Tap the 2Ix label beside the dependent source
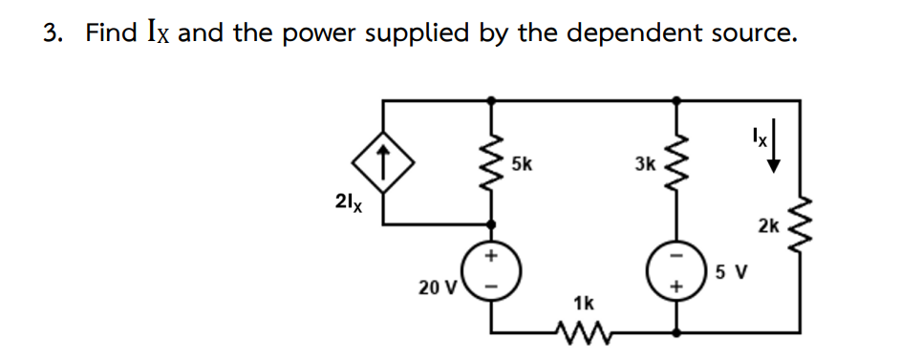tap(349, 202)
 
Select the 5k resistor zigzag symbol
tap(493, 160)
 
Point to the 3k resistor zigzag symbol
tap(679, 160)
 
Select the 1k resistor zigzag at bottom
tap(585, 333)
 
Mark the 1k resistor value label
tap(584, 303)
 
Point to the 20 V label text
tap(439, 286)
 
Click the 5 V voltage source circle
tap(679, 271)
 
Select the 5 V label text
tap(733, 272)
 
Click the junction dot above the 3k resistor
tap(679, 98)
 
